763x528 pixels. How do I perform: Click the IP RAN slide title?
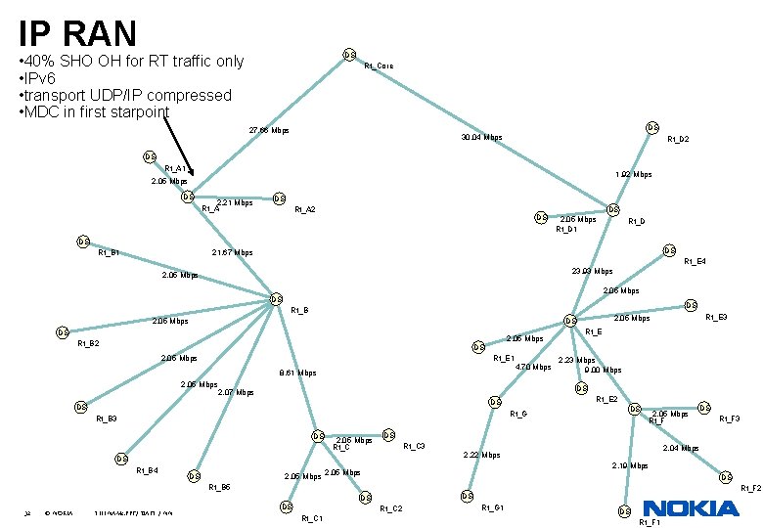[x=77, y=33]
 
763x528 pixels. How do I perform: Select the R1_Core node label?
[x=379, y=66]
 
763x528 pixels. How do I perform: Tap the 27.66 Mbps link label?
[x=269, y=130]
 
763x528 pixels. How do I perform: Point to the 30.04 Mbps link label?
[x=481, y=138]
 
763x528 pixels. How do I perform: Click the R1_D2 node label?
[x=678, y=140]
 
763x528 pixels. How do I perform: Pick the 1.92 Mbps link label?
[x=634, y=175]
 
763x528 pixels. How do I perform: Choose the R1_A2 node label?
[x=305, y=209]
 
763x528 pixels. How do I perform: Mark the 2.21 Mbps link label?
[x=235, y=203]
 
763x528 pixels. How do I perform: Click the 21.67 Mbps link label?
[x=232, y=253]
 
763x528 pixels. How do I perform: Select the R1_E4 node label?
[x=695, y=261]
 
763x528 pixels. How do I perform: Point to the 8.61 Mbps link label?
[x=297, y=373]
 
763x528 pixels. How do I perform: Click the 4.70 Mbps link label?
[x=533, y=368]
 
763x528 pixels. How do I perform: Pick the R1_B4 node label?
[x=147, y=471]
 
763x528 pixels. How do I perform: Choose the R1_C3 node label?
[x=414, y=446]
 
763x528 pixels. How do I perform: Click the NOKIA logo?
[x=691, y=508]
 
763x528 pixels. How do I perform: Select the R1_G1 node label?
[x=493, y=507]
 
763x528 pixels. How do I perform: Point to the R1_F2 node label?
[x=750, y=488]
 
